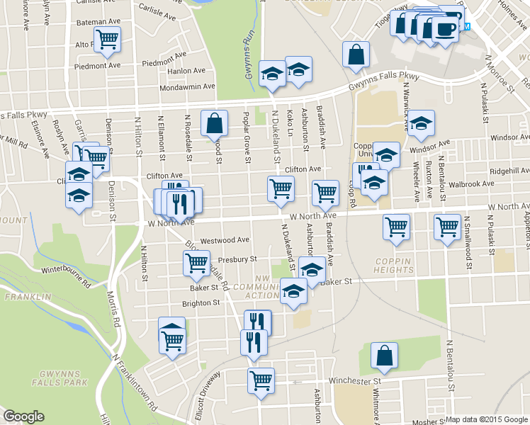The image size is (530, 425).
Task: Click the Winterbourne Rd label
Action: [68, 276]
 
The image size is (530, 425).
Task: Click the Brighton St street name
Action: [201, 302]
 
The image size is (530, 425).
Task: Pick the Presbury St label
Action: [237, 259]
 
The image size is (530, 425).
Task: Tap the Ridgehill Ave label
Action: [509, 171]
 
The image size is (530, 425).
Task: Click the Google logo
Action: [23, 416]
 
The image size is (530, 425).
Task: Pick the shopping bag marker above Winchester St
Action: [384, 356]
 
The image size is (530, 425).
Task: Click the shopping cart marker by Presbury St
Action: [196, 262]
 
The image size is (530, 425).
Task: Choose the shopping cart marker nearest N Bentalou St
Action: [448, 227]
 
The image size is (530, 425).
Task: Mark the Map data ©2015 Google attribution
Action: [487, 419]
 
